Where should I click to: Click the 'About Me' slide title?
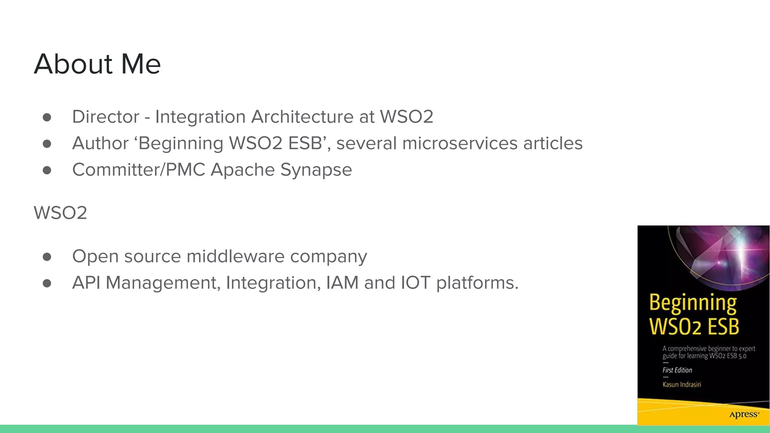point(97,64)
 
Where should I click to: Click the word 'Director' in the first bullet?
point(105,117)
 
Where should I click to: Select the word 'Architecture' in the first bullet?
point(302,117)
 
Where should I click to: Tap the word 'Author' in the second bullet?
point(100,144)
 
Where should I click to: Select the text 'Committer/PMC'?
point(138,170)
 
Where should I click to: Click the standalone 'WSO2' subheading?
point(60,213)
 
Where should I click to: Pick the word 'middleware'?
point(235,256)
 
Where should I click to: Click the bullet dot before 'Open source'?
point(47,257)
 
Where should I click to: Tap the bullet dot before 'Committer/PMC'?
point(47,170)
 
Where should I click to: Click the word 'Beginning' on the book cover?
point(693,303)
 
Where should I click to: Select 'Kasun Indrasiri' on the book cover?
point(682,385)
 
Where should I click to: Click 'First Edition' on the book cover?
point(677,370)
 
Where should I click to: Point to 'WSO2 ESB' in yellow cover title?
point(694,326)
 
